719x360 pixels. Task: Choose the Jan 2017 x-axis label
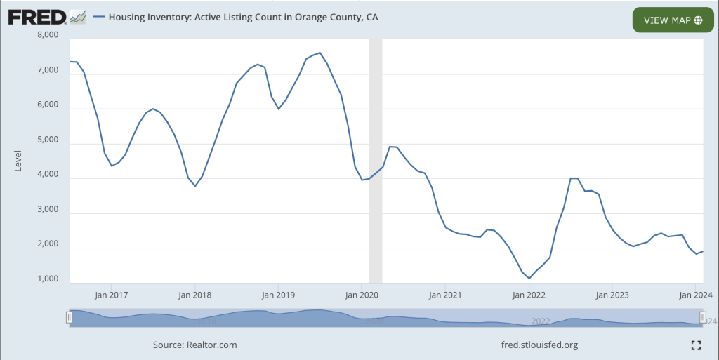(x=111, y=295)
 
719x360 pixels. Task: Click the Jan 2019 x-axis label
(x=278, y=295)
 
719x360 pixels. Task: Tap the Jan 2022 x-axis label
(x=529, y=295)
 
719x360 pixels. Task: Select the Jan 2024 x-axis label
(x=696, y=295)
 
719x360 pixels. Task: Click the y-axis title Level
(x=18, y=161)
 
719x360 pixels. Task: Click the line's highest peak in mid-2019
(x=320, y=53)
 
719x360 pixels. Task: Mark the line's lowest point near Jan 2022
(x=529, y=279)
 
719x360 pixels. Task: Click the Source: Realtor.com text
(x=194, y=345)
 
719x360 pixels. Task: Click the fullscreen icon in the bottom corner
(x=696, y=345)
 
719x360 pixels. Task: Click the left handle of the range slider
(x=69, y=318)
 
